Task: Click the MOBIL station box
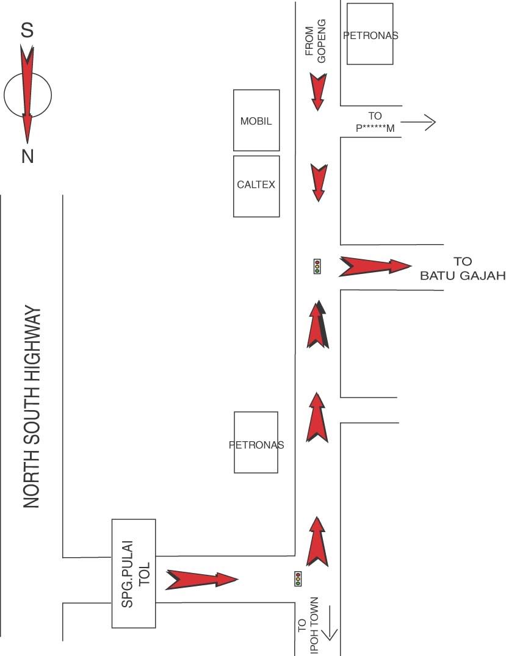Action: pyautogui.click(x=256, y=120)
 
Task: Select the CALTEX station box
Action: pyautogui.click(x=256, y=186)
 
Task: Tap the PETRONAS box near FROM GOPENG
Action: pyautogui.click(x=370, y=34)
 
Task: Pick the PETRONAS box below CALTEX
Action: pyautogui.click(x=256, y=442)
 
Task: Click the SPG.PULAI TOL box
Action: pyautogui.click(x=134, y=573)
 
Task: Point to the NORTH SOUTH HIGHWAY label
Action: pyautogui.click(x=32, y=408)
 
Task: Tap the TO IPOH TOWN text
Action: pyautogui.click(x=308, y=625)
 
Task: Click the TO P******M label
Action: pyautogui.click(x=375, y=122)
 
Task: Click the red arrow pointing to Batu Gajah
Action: pyautogui.click(x=374, y=266)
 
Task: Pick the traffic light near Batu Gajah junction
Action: pyautogui.click(x=317, y=266)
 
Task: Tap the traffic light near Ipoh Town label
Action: pyautogui.click(x=298, y=579)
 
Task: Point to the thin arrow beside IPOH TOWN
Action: pyautogui.click(x=330, y=622)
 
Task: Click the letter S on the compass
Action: pyautogui.click(x=27, y=31)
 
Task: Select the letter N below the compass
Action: pyautogui.click(x=27, y=157)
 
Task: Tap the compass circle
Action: pyautogui.click(x=27, y=95)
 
